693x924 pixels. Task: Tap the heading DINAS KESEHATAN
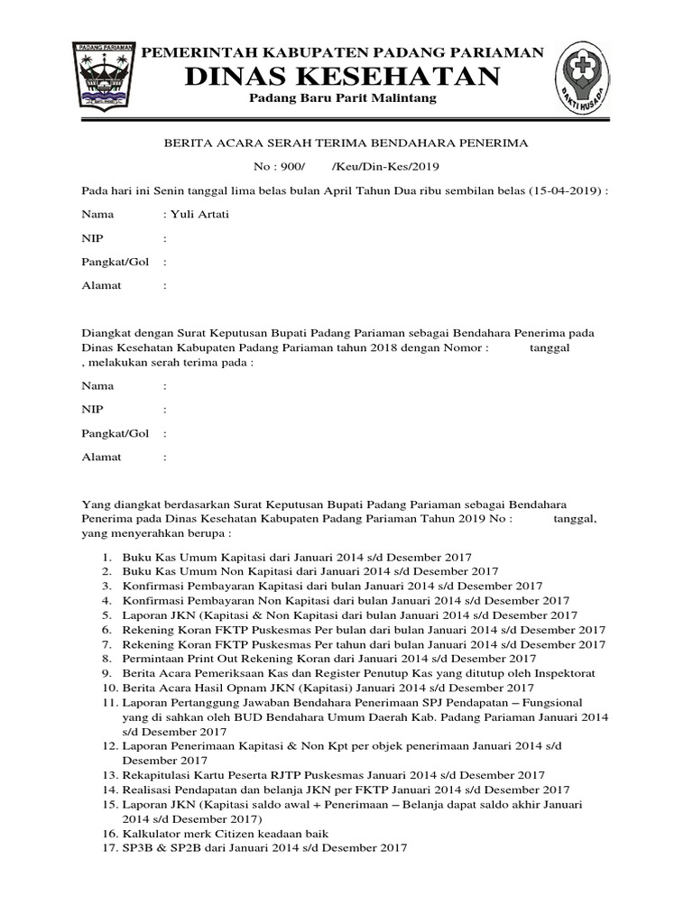click(x=343, y=77)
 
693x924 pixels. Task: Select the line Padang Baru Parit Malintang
click(x=343, y=97)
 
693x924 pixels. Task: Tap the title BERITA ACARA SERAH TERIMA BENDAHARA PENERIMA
click(x=344, y=143)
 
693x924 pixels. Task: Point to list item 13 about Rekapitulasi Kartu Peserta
click(x=334, y=775)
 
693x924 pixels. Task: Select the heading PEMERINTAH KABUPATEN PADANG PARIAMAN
click(x=344, y=52)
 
